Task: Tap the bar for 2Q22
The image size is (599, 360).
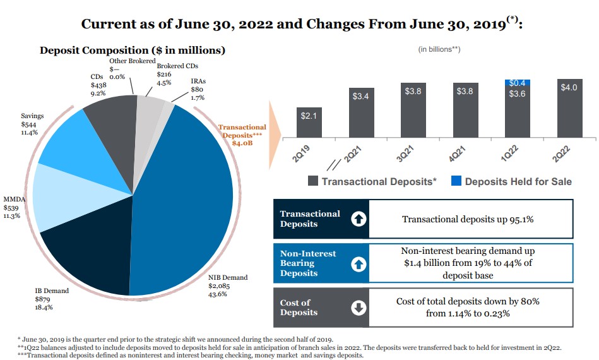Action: click(569, 107)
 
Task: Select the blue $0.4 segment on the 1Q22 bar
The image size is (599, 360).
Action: click(517, 83)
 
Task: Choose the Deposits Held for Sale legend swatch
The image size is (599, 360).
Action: click(456, 181)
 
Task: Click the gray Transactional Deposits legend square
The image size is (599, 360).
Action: click(312, 181)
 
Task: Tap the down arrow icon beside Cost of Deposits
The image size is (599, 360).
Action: click(358, 308)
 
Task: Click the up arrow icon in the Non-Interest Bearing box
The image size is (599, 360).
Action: click(358, 263)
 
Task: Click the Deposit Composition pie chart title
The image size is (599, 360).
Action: click(133, 50)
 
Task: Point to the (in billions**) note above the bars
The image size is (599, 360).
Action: click(439, 49)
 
